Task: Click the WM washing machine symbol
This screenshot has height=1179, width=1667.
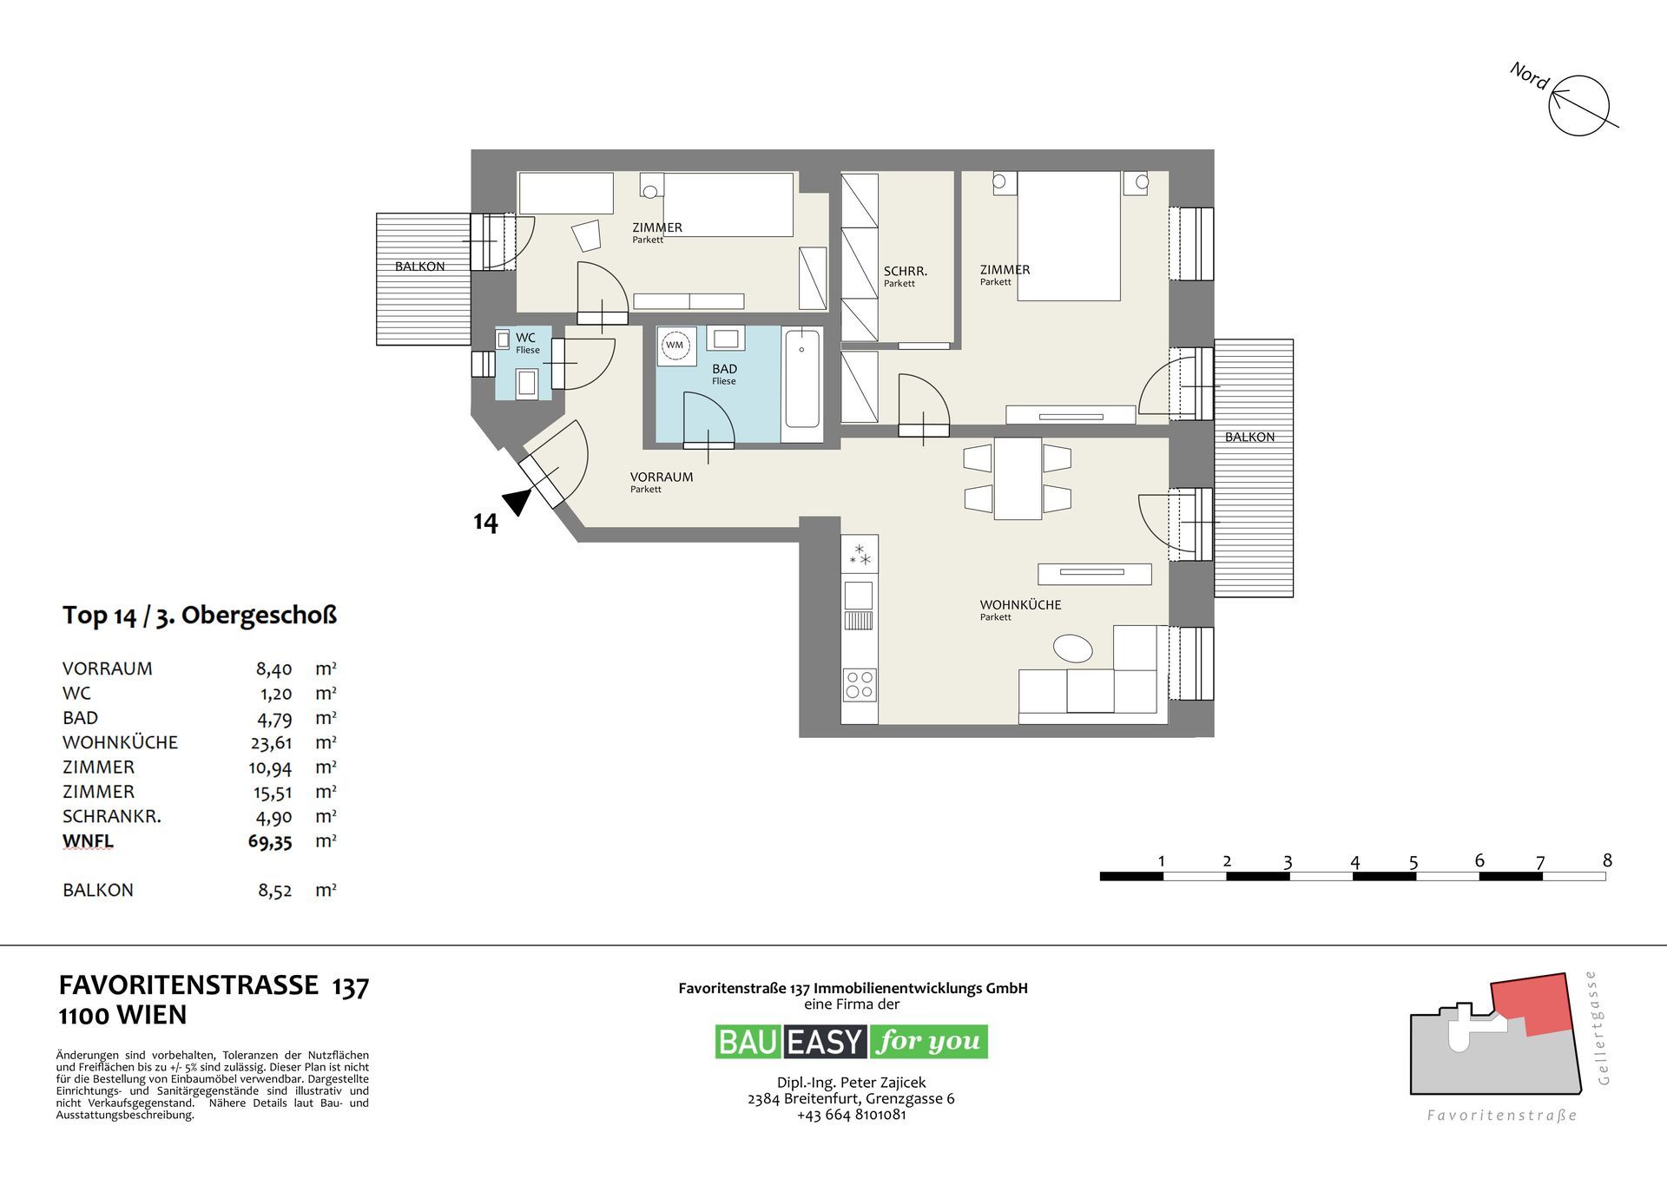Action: (675, 346)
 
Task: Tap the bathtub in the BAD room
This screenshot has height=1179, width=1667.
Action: (802, 379)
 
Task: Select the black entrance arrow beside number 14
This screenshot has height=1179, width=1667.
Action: (517, 501)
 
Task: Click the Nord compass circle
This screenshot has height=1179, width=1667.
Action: (1579, 105)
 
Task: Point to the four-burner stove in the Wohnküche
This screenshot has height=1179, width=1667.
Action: (860, 684)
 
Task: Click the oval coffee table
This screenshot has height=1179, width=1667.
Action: (1072, 648)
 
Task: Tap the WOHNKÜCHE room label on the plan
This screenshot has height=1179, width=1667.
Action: (1020, 605)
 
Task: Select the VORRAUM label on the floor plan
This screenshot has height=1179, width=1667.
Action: (661, 477)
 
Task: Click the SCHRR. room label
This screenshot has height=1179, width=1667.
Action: (905, 272)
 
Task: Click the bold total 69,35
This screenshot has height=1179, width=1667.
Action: (269, 841)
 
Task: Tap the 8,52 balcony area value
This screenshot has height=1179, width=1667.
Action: (274, 891)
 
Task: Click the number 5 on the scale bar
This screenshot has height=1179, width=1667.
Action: (1413, 862)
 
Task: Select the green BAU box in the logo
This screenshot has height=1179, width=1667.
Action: (748, 1042)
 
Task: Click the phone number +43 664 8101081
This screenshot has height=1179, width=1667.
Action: (851, 1115)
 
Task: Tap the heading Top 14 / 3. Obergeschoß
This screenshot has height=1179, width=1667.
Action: (199, 616)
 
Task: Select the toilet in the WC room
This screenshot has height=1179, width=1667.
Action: (526, 382)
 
